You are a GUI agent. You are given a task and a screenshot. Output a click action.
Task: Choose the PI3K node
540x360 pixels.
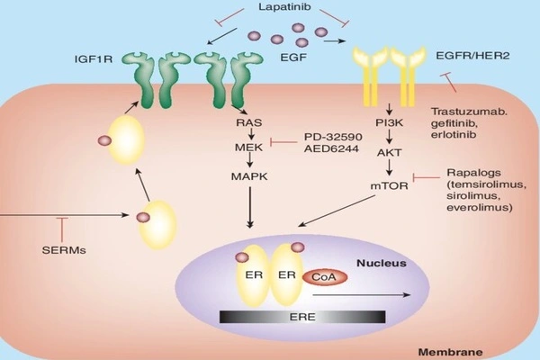tap(389, 123)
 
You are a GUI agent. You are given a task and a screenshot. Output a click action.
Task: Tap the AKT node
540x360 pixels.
tap(389, 152)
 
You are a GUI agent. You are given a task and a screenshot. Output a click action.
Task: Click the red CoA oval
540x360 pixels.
tap(323, 277)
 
